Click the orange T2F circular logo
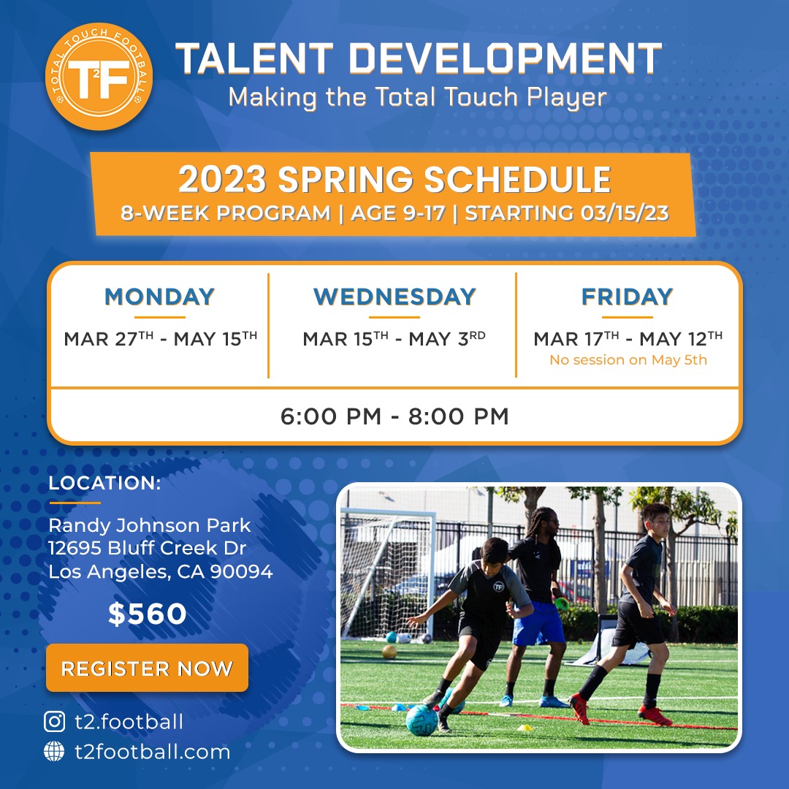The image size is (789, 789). point(99,77)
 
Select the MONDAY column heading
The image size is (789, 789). point(159,297)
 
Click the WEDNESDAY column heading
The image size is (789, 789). point(394,297)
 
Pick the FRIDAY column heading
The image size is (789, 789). point(627,297)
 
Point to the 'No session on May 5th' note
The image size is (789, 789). point(628,359)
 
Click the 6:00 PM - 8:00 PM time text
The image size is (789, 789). point(394,416)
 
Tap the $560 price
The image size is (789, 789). point(147,614)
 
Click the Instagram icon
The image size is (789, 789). point(54,722)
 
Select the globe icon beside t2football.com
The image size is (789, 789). point(54,751)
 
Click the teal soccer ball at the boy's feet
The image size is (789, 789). point(422,720)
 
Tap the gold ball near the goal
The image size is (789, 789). point(389,652)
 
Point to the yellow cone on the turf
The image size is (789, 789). point(525,727)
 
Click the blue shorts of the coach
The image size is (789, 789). point(539,624)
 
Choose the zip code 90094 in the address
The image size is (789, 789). point(241,571)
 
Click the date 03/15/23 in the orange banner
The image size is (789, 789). point(625,213)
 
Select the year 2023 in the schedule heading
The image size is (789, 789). point(222,180)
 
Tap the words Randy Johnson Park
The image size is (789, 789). point(150,526)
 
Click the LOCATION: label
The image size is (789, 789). point(104,483)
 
